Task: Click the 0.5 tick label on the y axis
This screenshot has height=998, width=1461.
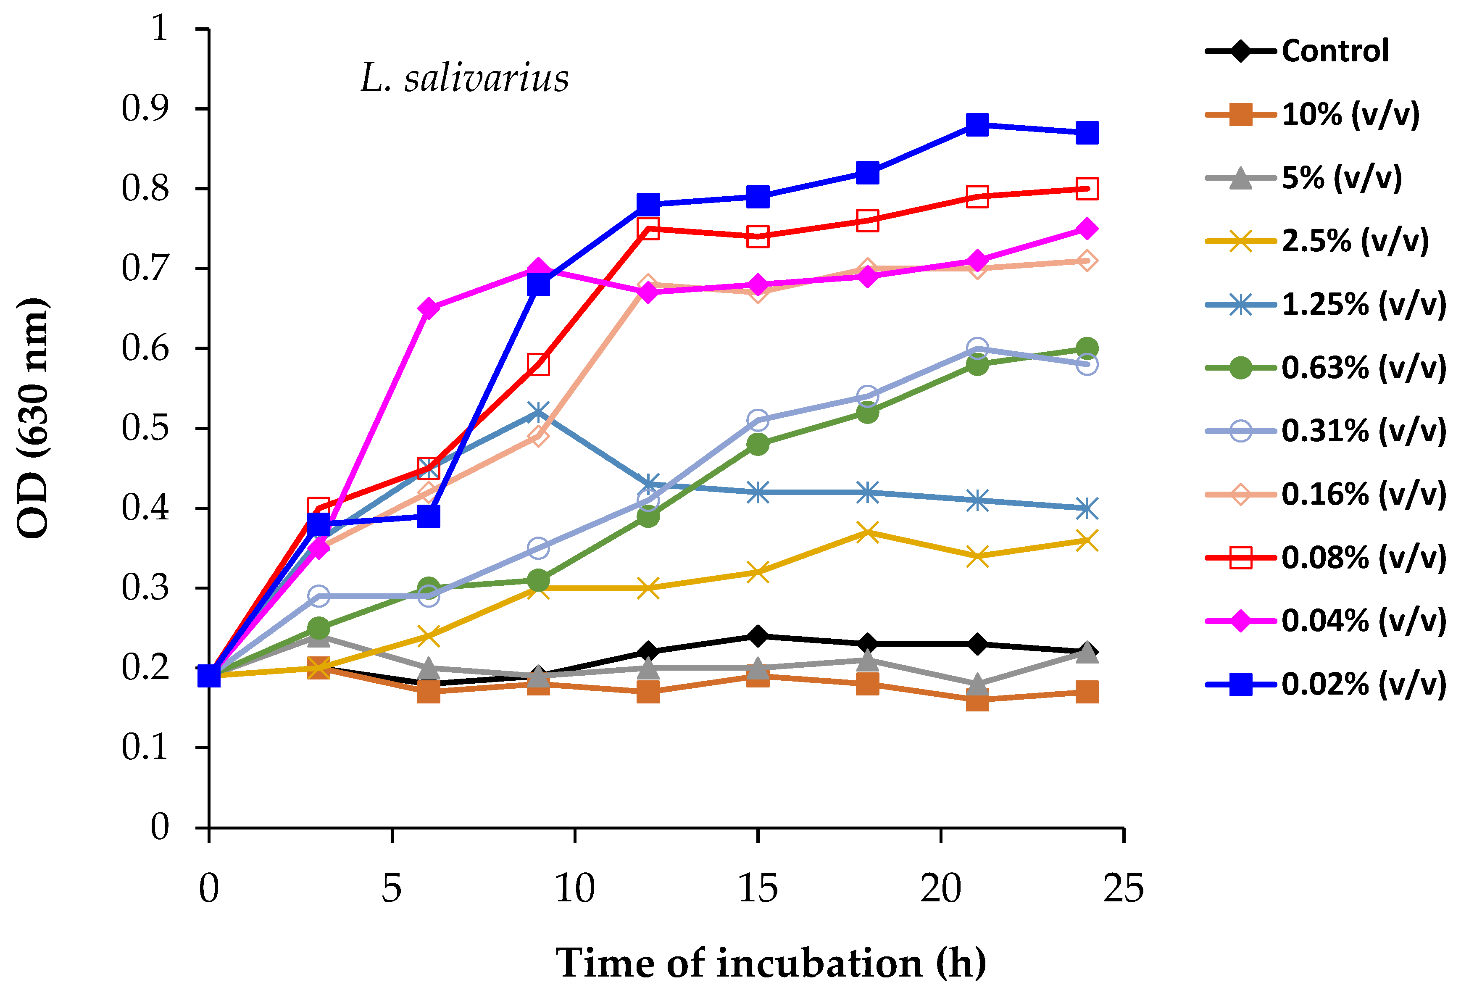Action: [145, 428]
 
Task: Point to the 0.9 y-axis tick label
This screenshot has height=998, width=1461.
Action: [145, 109]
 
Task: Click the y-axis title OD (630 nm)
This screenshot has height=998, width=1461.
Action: [33, 418]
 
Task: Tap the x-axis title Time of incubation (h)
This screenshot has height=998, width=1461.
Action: [771, 963]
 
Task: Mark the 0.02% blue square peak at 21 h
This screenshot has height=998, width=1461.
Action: [977, 124]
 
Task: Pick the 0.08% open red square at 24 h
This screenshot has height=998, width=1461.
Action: [1087, 189]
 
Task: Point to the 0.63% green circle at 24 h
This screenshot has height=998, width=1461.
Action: [1087, 348]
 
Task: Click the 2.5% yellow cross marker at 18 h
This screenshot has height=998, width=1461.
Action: [868, 532]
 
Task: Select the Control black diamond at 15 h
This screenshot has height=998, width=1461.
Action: [758, 636]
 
